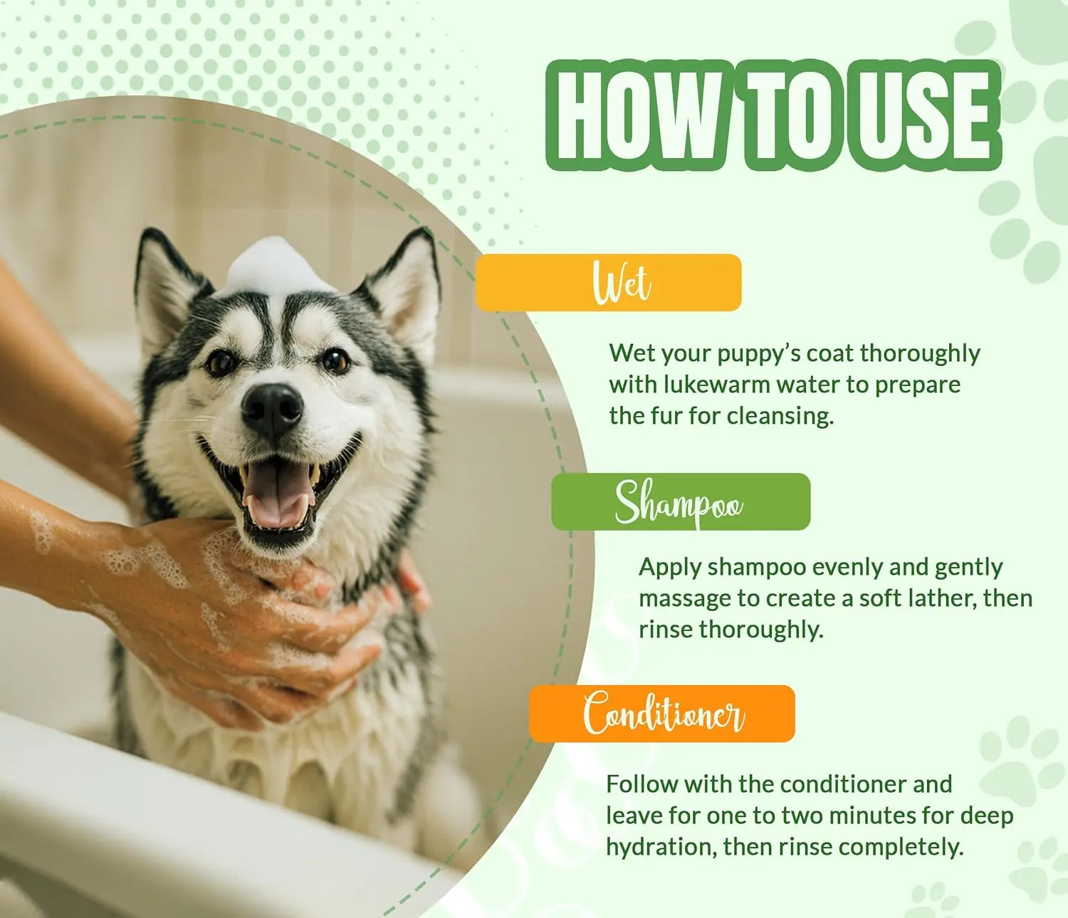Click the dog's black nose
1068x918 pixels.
pos(272,409)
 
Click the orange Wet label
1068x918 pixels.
pos(608,283)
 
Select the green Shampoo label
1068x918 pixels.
pos(680,502)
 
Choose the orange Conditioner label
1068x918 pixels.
pos(661,714)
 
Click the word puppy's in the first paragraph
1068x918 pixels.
pos(758,353)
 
